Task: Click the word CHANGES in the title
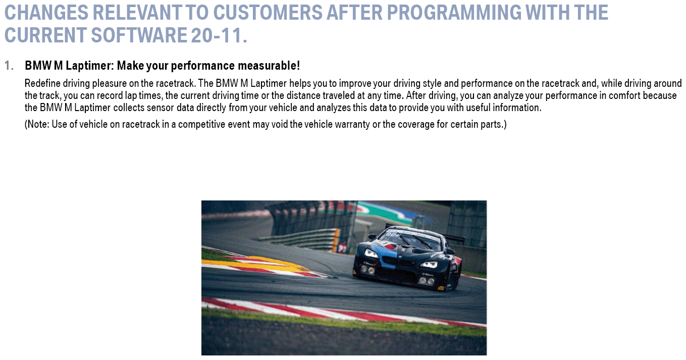pyautogui.click(x=46, y=13)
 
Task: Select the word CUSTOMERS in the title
pyautogui.click(x=268, y=13)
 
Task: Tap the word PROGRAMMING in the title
pyautogui.click(x=454, y=13)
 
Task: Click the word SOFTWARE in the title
pyautogui.click(x=139, y=35)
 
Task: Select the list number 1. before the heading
pyautogui.click(x=9, y=66)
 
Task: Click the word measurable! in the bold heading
pyautogui.click(x=269, y=66)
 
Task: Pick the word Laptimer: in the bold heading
pyautogui.click(x=89, y=66)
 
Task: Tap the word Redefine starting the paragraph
pyautogui.click(x=42, y=83)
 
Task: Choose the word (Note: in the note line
pyautogui.click(x=37, y=124)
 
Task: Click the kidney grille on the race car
pyautogui.click(x=400, y=263)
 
